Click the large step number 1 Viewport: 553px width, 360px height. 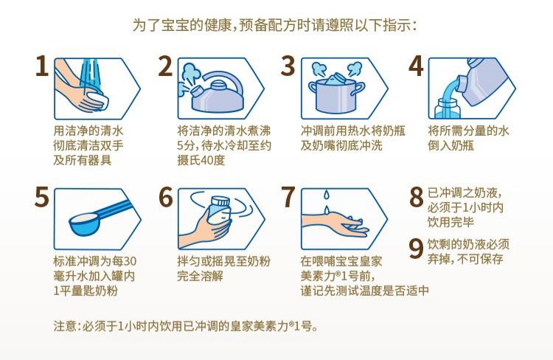[42, 66]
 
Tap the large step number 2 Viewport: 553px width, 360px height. [165, 66]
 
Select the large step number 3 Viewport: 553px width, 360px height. [288, 66]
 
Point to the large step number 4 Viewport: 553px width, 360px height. [416, 66]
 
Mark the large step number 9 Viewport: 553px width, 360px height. [416, 248]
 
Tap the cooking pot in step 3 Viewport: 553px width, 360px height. [336, 94]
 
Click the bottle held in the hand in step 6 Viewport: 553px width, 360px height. [219, 212]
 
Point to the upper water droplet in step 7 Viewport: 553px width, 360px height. [327, 195]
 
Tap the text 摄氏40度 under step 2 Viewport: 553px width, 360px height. [201, 160]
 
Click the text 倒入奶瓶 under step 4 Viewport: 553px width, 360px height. [451, 145]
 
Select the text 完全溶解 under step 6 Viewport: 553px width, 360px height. [201, 276]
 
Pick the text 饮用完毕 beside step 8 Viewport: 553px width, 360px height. [451, 222]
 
